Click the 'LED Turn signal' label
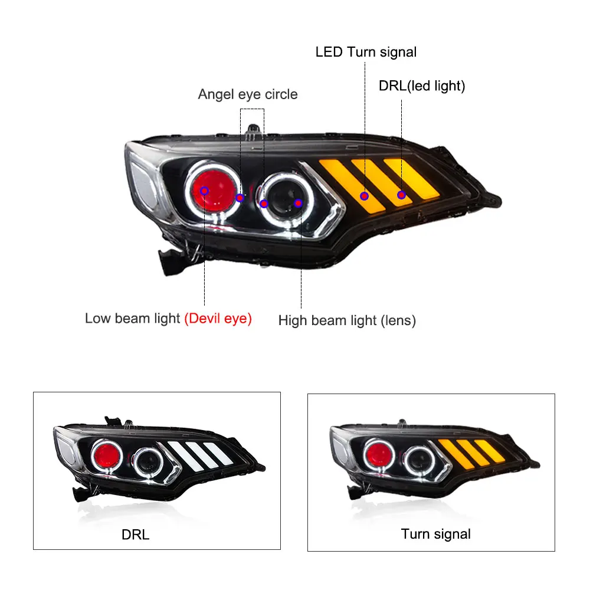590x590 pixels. [x=366, y=52]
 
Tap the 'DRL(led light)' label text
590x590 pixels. [x=422, y=86]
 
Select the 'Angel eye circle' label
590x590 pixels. [x=248, y=94]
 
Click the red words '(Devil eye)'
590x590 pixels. [x=218, y=319]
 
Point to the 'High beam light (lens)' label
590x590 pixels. [x=347, y=320]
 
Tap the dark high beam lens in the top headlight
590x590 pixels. [x=285, y=197]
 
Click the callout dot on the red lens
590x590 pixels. [x=204, y=191]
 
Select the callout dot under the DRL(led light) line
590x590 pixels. [x=401, y=195]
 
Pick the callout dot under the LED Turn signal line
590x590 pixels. [x=364, y=196]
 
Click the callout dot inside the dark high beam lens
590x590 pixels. [x=299, y=204]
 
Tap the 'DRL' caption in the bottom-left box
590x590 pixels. [x=136, y=535]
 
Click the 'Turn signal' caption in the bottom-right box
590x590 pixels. [x=436, y=534]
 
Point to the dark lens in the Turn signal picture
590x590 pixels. [x=419, y=460]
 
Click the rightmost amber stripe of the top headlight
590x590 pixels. [x=411, y=178]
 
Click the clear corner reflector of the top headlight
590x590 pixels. [x=143, y=184]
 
